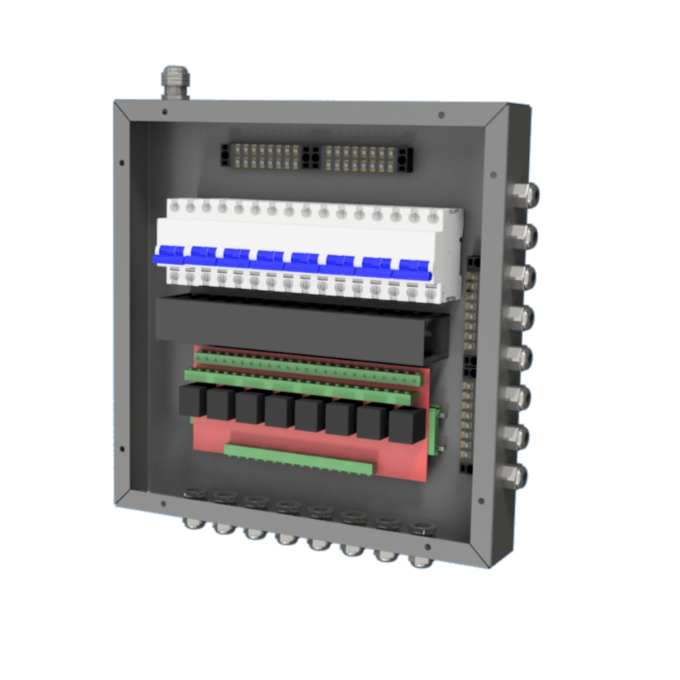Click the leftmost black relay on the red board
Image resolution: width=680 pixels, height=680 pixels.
click(x=192, y=401)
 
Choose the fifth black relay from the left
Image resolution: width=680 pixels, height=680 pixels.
click(x=310, y=414)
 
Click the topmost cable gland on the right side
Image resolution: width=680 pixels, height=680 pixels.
click(x=522, y=194)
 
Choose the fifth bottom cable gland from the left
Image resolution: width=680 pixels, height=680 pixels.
click(x=318, y=540)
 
